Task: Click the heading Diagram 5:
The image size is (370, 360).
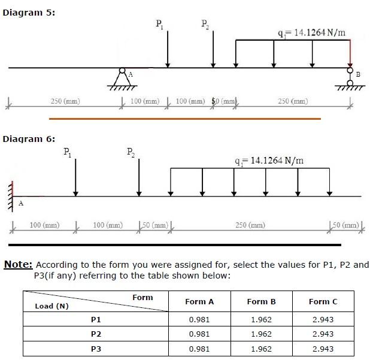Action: pos(29,13)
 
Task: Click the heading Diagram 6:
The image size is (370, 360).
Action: pos(29,138)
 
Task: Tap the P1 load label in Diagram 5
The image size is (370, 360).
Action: pos(158,25)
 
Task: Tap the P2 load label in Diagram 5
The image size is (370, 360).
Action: pos(205,25)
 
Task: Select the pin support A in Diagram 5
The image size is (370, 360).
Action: pos(122,77)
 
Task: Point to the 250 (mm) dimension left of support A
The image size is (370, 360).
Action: pos(65,101)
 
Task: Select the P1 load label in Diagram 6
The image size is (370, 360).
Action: pos(68,152)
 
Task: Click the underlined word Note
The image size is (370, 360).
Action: pos(19,264)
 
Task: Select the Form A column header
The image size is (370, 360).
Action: pos(199,301)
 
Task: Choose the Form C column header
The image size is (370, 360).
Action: pos(323,301)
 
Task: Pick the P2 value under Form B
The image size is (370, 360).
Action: pos(261,334)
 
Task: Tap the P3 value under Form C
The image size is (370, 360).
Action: pos(323,349)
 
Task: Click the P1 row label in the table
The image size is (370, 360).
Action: pos(95,319)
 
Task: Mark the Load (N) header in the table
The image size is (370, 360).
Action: pos(53,306)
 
